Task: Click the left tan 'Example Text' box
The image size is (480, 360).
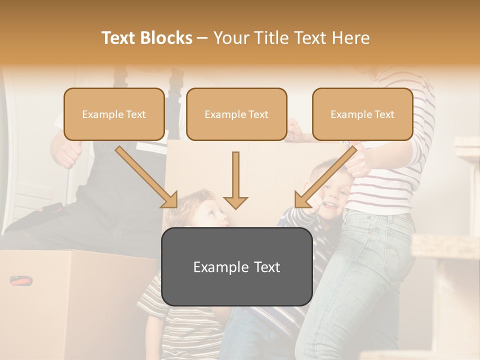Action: point(114,114)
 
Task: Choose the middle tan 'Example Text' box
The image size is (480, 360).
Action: point(236,114)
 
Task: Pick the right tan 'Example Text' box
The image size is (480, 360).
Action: point(362,114)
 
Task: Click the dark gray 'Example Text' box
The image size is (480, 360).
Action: point(236,266)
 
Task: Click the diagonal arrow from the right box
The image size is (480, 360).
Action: point(324,177)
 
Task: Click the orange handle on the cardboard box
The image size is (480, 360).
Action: point(20,280)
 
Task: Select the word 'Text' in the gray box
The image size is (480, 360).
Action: point(265,267)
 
